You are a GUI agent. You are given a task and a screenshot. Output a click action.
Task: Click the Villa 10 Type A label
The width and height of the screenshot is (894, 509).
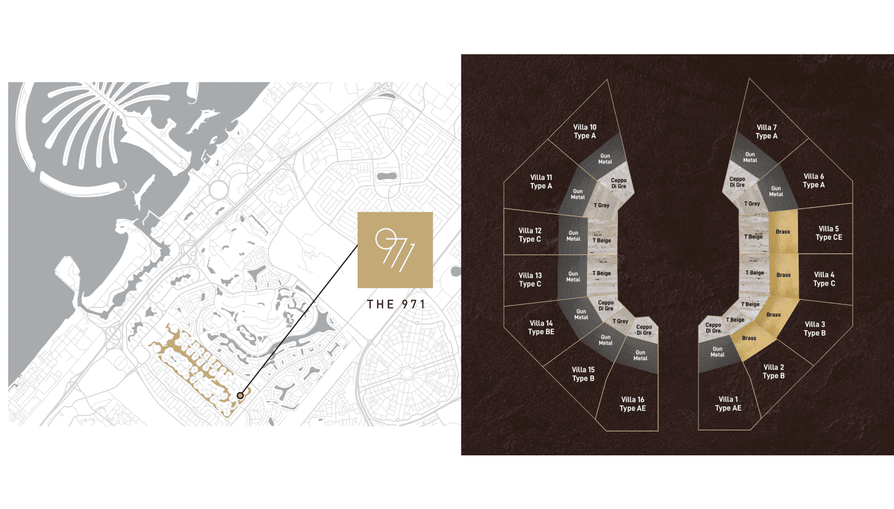pos(585,131)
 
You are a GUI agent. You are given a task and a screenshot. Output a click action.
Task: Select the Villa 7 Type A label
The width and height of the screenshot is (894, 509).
pos(766,132)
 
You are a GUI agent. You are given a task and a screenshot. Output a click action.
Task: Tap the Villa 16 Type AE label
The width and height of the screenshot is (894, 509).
pos(632,404)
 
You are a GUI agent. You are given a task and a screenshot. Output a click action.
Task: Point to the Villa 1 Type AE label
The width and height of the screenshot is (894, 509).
pos(728,404)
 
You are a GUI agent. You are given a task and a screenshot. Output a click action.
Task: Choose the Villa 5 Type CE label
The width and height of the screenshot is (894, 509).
pos(828,233)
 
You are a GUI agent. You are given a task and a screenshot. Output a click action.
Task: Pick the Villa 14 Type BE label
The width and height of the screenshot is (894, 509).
pos(541,327)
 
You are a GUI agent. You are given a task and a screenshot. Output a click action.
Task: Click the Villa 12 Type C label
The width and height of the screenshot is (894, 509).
pos(530,235)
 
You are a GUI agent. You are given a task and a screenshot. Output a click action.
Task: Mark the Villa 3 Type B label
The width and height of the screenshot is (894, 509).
pos(815,328)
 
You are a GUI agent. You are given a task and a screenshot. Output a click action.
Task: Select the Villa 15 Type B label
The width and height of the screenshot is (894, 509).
pos(583,374)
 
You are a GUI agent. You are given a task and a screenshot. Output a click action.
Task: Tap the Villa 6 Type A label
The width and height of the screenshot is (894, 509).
pos(814,181)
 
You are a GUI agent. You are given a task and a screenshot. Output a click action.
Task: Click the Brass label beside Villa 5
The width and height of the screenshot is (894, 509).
pos(783,232)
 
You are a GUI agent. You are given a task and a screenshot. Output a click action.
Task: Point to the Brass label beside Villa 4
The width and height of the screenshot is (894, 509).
pos(783,275)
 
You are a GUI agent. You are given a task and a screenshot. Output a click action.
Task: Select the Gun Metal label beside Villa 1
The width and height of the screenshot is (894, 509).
pos(718,352)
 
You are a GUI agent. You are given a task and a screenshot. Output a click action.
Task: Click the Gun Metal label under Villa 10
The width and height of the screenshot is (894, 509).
pos(605,159)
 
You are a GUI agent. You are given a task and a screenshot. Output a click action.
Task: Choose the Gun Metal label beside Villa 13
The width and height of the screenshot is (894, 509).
pos(573,277)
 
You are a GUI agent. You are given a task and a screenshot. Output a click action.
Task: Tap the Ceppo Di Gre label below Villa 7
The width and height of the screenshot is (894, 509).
pos(737,182)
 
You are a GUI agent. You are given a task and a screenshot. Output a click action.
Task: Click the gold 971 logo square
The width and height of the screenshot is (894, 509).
pos(395,250)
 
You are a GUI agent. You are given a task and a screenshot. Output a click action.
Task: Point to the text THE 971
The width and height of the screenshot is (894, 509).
pos(396,305)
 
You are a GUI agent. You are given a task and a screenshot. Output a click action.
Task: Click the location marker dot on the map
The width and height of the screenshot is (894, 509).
pos(240,395)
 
